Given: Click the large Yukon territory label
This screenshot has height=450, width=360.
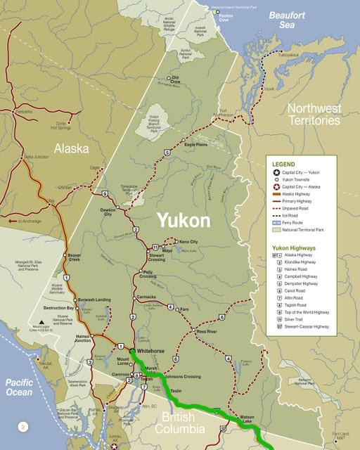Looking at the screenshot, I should [x=183, y=221].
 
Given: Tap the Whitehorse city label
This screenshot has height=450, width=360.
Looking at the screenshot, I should [x=151, y=350].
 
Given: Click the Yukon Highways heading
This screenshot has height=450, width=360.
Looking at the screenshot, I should [x=294, y=248].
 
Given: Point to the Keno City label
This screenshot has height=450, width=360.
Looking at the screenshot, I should [x=188, y=242].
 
